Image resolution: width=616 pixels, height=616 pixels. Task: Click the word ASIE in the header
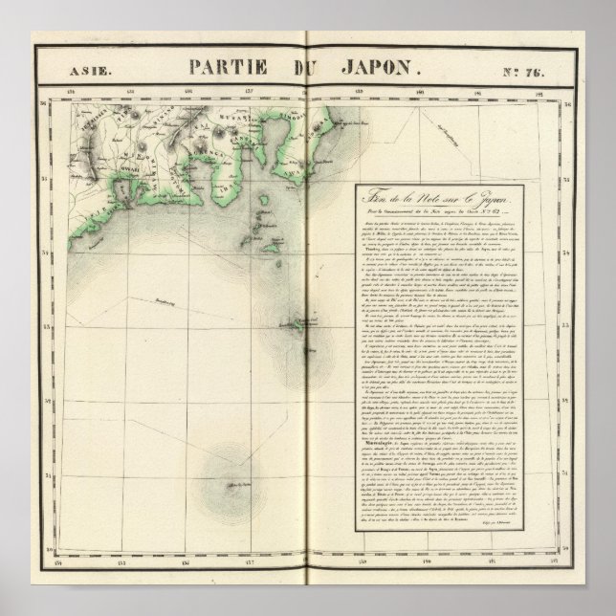[x=91, y=68]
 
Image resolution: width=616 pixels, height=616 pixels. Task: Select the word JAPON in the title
[x=381, y=67]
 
